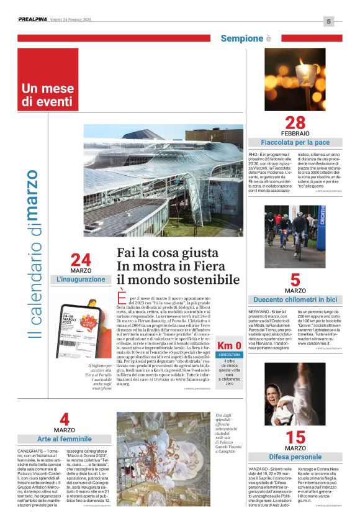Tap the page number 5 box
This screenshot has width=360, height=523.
click(x=329, y=21)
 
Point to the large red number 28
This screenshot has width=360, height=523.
click(x=295, y=123)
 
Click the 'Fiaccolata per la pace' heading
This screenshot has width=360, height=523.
click(x=295, y=142)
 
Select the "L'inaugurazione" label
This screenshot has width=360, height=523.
click(x=81, y=280)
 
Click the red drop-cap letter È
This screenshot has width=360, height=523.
click(x=121, y=301)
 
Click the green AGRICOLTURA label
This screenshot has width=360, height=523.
click(x=230, y=355)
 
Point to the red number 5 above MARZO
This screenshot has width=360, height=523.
click(x=295, y=280)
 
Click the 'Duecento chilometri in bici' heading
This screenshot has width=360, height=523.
click(x=295, y=299)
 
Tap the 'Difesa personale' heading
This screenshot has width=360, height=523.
click(x=295, y=457)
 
